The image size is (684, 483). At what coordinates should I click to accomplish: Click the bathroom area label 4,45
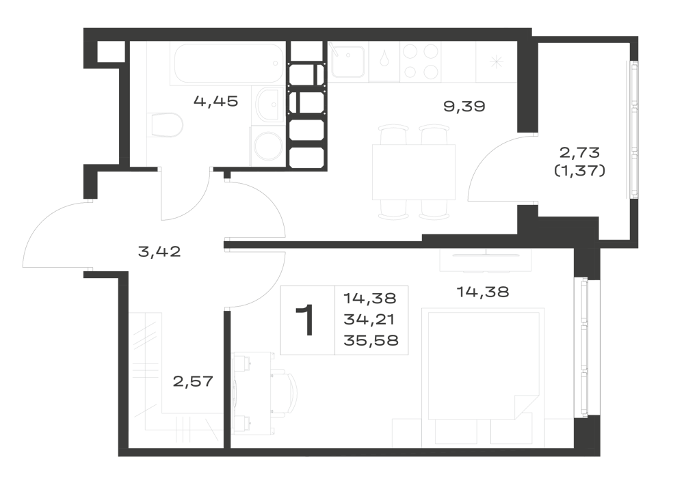point(216,102)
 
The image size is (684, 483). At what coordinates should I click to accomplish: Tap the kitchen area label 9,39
point(464,107)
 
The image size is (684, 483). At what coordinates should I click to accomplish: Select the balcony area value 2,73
point(580,153)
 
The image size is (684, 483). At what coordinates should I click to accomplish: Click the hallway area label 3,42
point(159,251)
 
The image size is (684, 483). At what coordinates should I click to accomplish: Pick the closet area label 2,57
point(194,381)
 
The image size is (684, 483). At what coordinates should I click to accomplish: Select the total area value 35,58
point(371,340)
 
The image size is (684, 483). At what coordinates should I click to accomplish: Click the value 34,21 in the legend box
point(369,320)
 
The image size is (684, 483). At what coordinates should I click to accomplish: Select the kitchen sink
point(347,61)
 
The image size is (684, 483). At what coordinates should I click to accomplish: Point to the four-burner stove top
point(420,61)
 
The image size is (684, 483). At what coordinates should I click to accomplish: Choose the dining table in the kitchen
point(414,172)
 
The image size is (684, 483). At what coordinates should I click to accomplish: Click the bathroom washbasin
point(268,104)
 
